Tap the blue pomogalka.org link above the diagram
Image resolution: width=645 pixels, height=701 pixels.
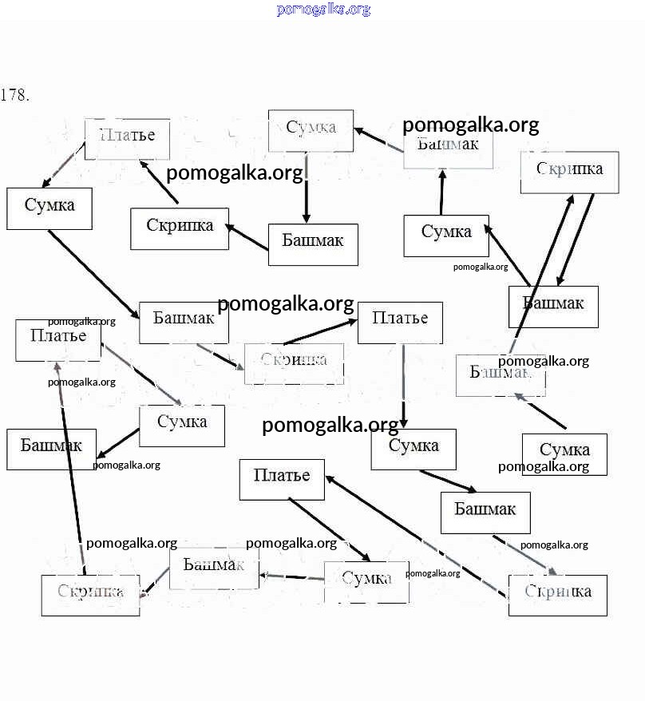tap(323, 10)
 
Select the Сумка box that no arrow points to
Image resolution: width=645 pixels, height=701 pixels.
tap(564, 453)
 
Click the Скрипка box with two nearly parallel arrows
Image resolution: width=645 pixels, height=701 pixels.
tap(569, 172)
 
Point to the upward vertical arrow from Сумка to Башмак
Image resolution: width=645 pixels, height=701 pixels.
tap(442, 192)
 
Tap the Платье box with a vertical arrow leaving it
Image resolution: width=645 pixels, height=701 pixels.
tap(400, 322)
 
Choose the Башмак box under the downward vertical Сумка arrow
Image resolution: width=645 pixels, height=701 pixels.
tap(313, 244)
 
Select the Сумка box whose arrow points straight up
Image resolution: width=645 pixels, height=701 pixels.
tap(445, 236)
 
